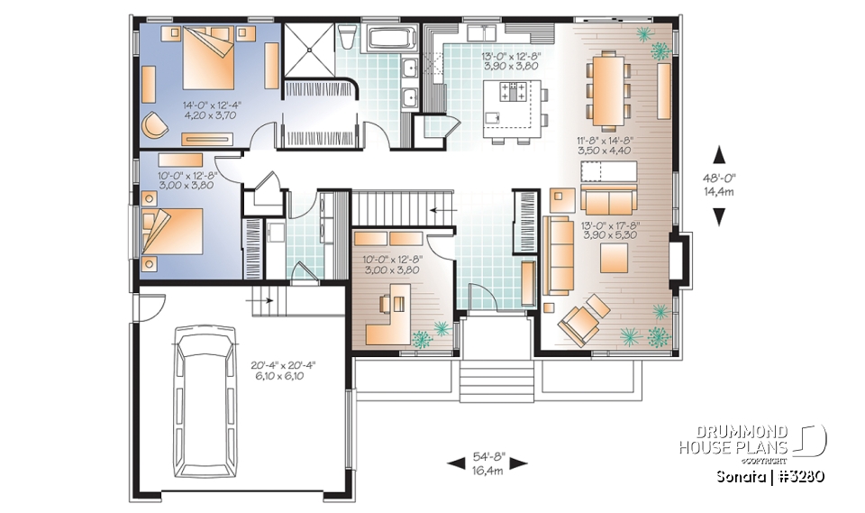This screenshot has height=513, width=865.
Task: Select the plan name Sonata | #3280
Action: coord(771,476)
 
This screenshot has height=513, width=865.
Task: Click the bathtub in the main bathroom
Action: coord(392,39)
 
